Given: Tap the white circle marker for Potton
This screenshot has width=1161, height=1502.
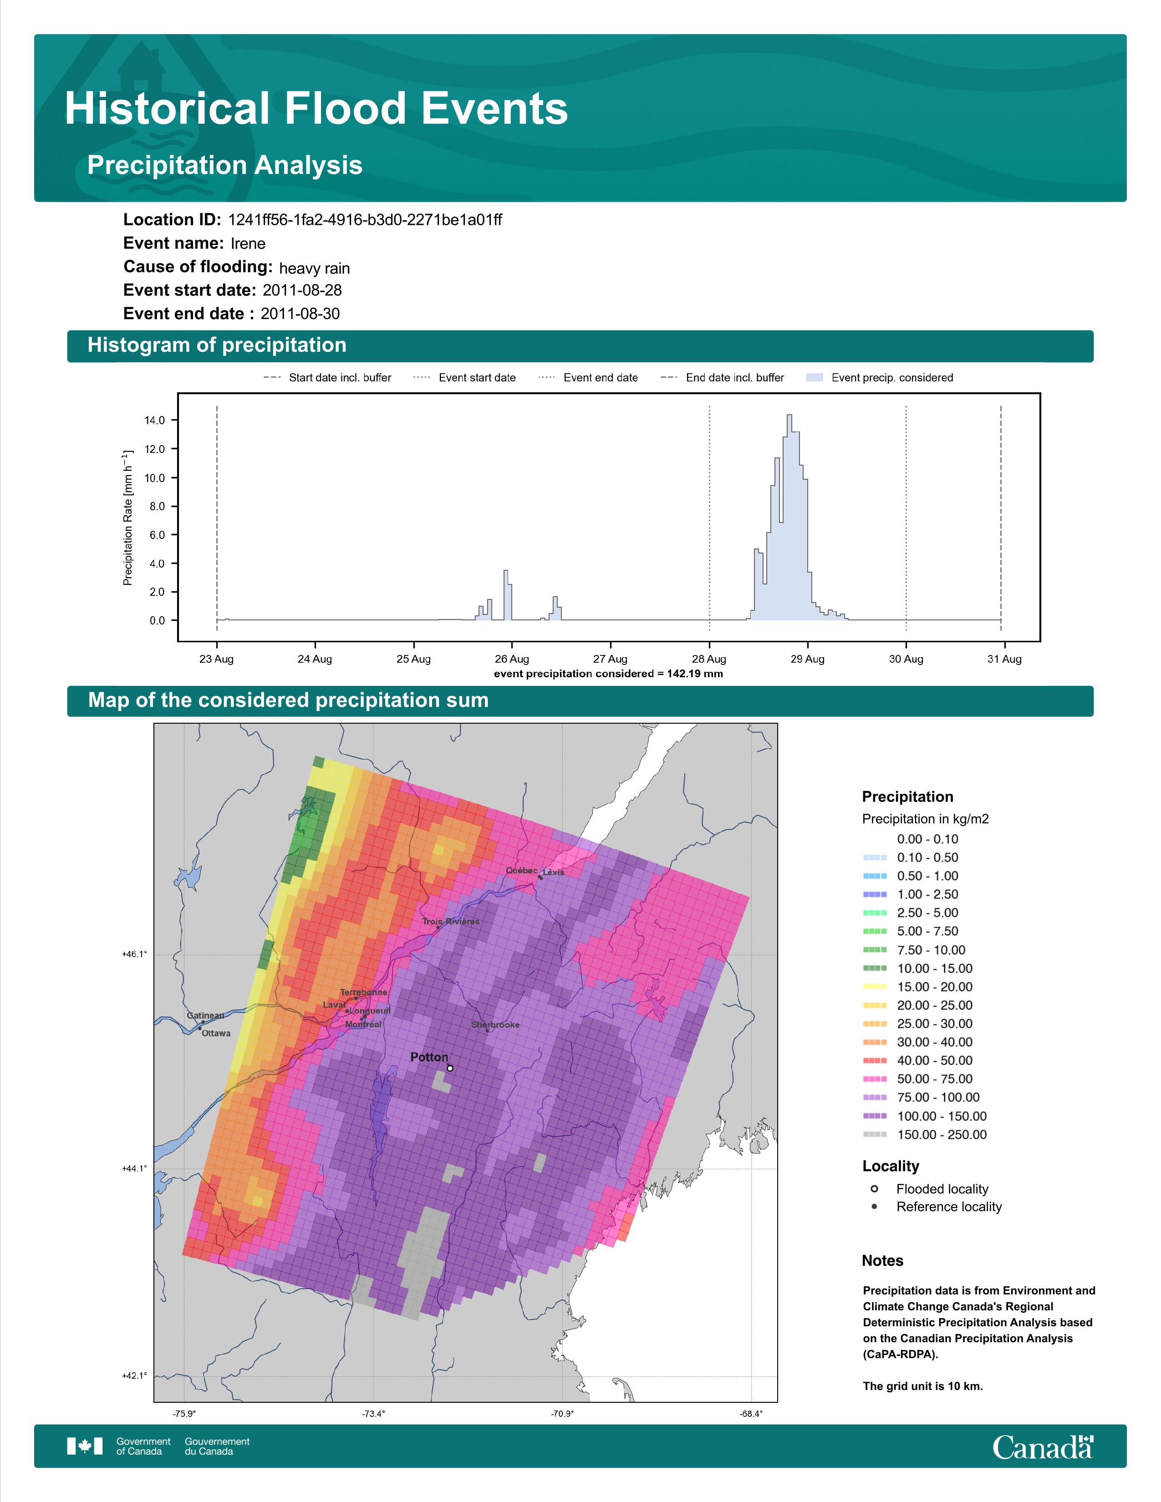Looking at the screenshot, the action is coord(450,1068).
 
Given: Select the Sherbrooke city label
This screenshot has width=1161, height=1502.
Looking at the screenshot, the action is coord(495,1025).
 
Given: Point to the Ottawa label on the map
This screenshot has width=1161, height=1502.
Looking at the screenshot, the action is coord(216,1033).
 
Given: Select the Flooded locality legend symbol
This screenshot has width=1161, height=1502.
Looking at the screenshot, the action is coord(874,1188).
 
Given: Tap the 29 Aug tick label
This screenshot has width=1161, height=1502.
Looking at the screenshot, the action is coord(808,659).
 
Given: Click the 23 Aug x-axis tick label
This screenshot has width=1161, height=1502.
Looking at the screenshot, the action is coord(217,659).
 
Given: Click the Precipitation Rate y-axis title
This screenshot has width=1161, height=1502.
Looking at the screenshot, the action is coord(127,518).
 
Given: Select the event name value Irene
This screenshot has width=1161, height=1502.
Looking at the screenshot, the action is coord(248,244).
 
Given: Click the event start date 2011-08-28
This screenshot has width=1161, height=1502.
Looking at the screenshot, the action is coord(302,290).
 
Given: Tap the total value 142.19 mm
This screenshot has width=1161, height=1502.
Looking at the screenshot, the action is coord(695,673).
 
